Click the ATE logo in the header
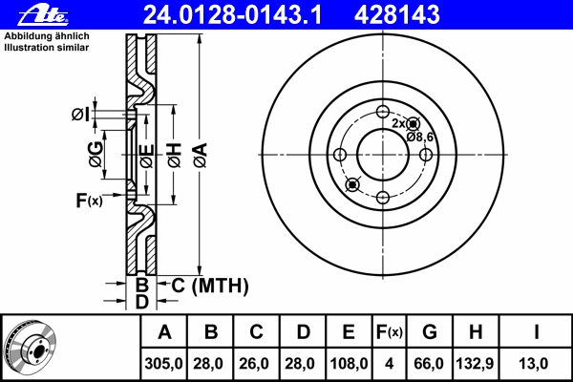click(44, 14)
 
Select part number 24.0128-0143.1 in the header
click(232, 14)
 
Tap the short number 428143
click(397, 14)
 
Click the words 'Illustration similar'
click(47, 48)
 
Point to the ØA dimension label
click(201, 156)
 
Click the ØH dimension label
click(175, 156)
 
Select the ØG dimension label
click(95, 155)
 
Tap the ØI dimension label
click(80, 115)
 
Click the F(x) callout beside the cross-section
click(89, 201)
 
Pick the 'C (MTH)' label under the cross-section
click(210, 286)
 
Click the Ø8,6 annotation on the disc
click(420, 138)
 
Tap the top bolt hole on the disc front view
click(383, 112)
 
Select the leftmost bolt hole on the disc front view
click(340, 155)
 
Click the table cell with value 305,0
click(163, 364)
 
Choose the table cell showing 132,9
click(476, 364)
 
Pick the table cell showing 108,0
click(349, 364)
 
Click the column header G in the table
click(430, 332)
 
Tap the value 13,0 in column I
click(534, 364)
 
